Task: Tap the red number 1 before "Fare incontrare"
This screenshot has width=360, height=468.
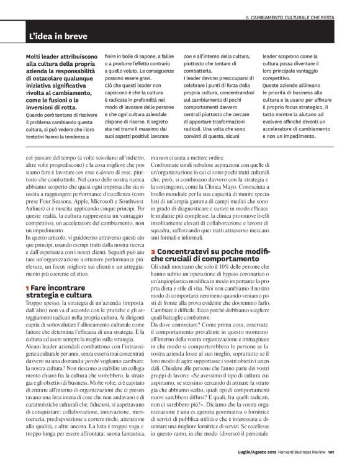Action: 27,289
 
